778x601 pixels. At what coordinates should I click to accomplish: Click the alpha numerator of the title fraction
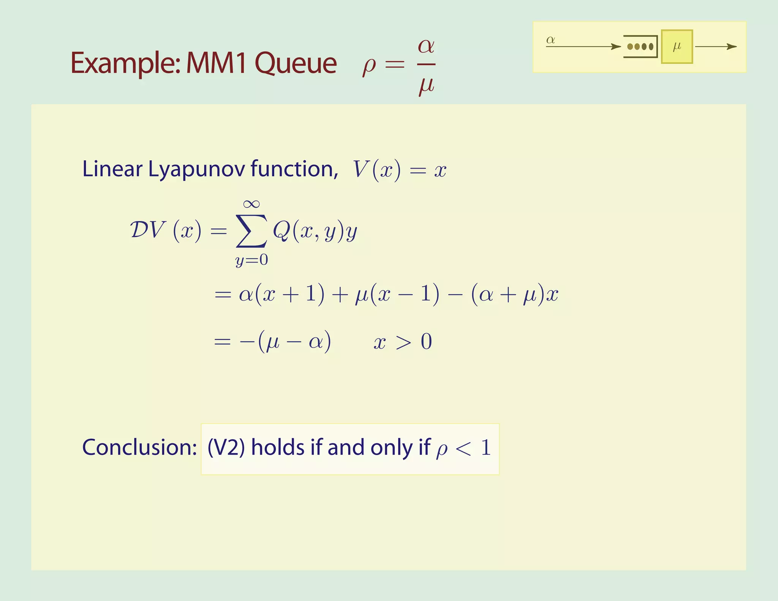point(426,46)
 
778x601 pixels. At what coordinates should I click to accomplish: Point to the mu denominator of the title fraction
point(426,85)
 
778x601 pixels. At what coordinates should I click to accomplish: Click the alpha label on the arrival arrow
point(550,40)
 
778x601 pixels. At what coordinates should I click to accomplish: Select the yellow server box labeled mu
point(677,47)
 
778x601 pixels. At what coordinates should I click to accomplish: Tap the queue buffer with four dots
point(641,47)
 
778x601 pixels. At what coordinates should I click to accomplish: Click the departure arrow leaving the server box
point(716,47)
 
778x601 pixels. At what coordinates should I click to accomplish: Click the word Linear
point(112,169)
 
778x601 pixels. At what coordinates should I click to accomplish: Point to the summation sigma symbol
point(251,231)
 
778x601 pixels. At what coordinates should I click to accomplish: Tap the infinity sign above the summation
point(251,204)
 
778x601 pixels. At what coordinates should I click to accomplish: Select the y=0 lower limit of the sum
point(251,260)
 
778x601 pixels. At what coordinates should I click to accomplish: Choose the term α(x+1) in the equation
point(281,294)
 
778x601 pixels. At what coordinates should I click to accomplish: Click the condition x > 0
point(403,342)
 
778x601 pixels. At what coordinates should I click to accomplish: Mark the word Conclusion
point(139,447)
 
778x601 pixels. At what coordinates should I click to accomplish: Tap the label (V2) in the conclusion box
point(226,448)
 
